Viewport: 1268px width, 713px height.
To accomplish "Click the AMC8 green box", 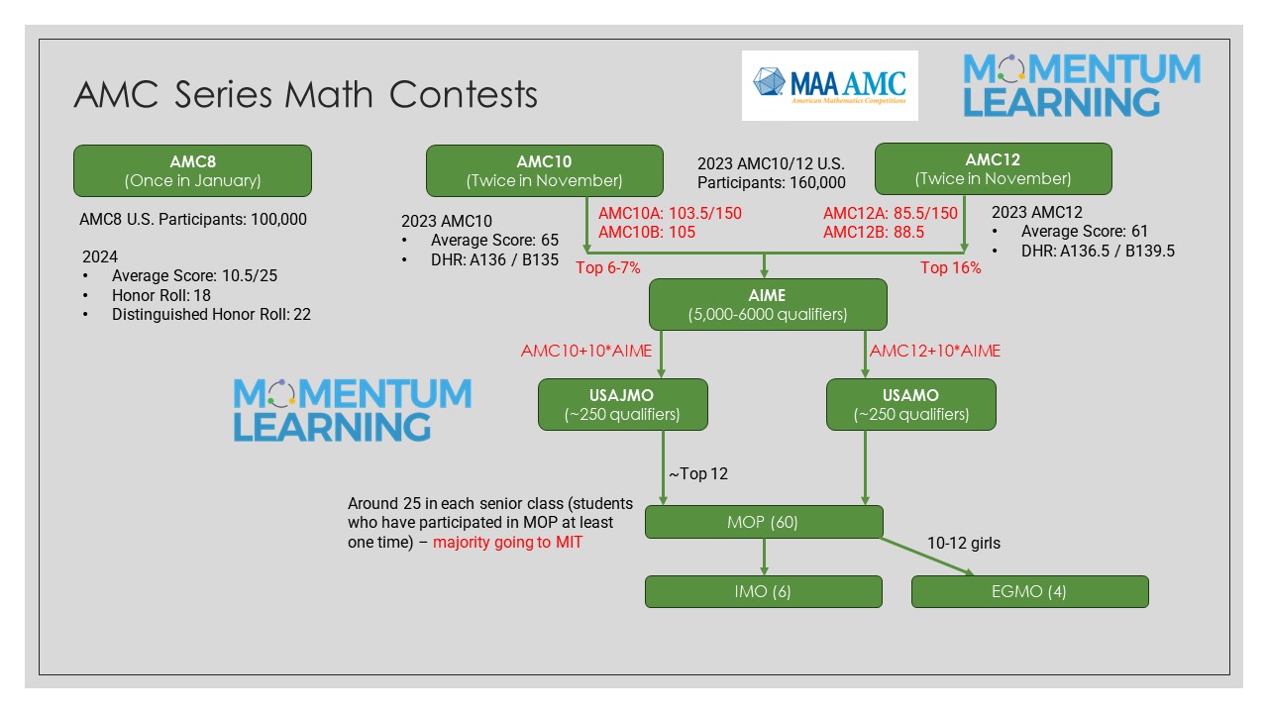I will (192, 170).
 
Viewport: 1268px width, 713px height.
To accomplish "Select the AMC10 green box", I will (545, 170).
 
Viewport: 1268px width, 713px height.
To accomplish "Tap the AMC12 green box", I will (993, 169).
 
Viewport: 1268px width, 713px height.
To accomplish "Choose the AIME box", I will (767, 304).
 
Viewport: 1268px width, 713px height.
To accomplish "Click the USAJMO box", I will (623, 404).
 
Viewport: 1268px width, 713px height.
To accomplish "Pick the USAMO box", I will (911, 404).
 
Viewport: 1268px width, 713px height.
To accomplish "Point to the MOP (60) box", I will (764, 522).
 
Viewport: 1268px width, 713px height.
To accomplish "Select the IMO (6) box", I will (764, 591).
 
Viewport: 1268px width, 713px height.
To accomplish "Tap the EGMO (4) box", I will (1029, 591).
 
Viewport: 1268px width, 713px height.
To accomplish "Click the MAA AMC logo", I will (829, 86).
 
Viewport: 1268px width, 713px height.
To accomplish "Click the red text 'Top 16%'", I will (951, 267).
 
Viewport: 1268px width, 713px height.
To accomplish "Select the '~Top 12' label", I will (697, 473).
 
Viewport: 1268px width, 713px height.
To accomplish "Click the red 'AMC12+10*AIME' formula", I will (935, 351).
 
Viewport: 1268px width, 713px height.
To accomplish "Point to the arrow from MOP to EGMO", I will (926, 556).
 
